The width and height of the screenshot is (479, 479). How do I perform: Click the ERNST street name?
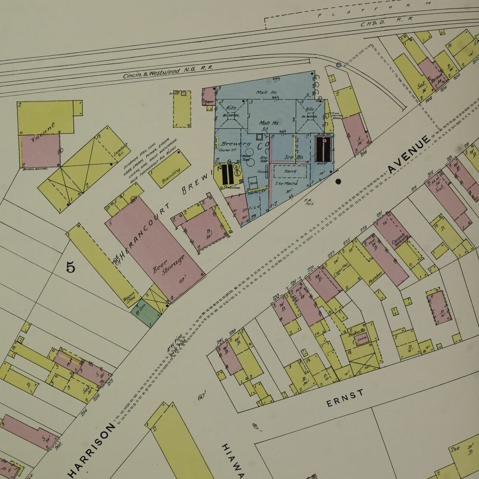pos(345,398)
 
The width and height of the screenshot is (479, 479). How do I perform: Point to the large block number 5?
pos(70,267)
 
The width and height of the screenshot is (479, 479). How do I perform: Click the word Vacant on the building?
pos(43,133)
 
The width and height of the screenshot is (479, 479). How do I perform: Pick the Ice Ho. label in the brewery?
pos(294,157)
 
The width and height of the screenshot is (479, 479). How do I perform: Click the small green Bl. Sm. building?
pos(145,312)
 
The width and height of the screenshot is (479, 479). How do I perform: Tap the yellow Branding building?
pos(169,168)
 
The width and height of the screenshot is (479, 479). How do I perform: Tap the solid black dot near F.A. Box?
pos(338,181)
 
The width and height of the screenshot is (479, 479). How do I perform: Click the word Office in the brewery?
pos(252,208)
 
